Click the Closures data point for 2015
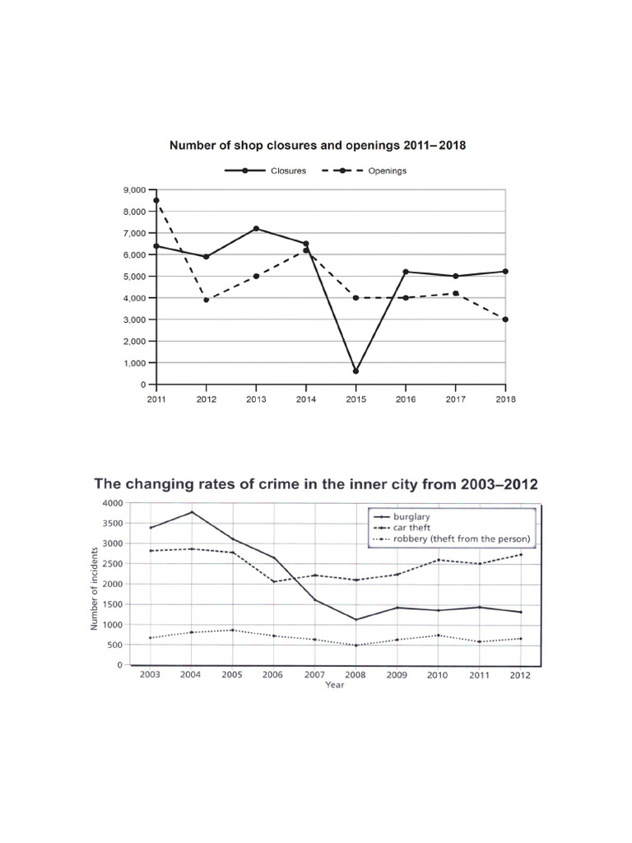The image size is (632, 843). point(355,370)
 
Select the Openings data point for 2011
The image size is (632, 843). point(156,200)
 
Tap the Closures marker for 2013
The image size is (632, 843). point(256,228)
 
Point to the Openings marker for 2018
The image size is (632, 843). point(505,319)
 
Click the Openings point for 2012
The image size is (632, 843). point(206,300)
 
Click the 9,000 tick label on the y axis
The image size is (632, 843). point(132,189)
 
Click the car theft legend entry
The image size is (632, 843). point(425,529)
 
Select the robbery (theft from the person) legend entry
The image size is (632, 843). point(461,538)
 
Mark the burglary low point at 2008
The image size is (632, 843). point(355,619)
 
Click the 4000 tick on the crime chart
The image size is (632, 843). point(111,503)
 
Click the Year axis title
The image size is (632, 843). point(335,684)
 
